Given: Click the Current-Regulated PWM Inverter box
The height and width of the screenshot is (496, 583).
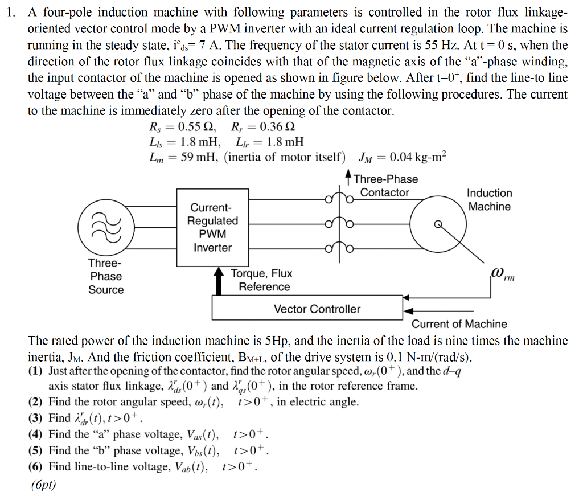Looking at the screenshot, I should pos(212,227).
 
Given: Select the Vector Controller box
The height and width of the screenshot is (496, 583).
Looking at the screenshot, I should pos(317,309).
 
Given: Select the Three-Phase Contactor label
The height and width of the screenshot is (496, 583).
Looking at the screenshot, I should pos(385,186).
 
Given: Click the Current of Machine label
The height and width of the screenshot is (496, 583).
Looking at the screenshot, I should pos(459,324).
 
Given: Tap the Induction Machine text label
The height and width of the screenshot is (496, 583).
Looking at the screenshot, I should pos(489,200).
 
